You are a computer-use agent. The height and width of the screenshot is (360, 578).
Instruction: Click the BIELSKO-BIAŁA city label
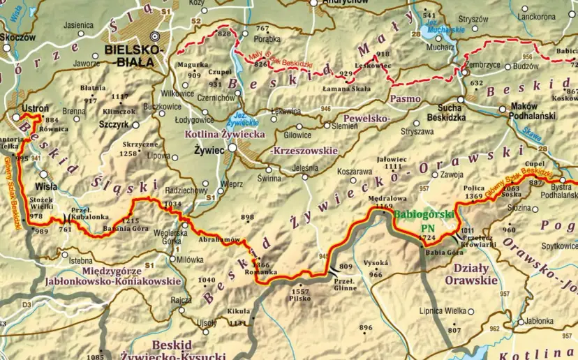[133, 55]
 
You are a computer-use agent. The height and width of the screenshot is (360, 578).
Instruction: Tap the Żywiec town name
[209, 149]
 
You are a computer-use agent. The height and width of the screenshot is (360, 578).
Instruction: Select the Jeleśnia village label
[305, 168]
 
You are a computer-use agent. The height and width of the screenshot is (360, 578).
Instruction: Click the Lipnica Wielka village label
[441, 310]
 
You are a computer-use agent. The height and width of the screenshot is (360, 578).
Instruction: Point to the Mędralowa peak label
[383, 197]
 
